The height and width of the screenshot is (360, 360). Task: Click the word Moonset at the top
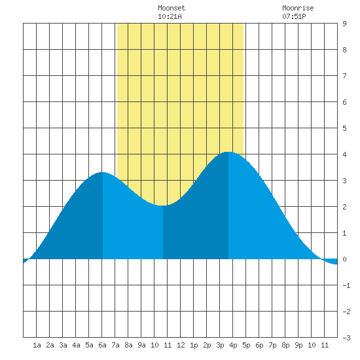pos(171,8)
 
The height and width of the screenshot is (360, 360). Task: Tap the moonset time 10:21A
pos(170,16)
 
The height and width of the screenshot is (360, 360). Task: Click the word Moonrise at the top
pos(298,8)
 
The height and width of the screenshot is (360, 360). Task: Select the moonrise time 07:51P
pos(294,16)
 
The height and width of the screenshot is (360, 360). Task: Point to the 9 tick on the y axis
pos(344,24)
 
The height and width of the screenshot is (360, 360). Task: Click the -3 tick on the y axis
pos(346,338)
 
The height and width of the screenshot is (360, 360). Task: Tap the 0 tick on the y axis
pos(344,259)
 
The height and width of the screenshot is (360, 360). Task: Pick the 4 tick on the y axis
pos(344,154)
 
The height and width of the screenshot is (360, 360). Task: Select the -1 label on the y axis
pos(346,285)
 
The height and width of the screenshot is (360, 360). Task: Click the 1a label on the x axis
pos(37,345)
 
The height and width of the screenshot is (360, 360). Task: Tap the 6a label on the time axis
pos(102,345)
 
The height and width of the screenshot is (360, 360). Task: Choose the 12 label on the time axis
pos(181,345)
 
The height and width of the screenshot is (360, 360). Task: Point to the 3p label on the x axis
pos(220,345)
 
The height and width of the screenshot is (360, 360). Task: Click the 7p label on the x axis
pos(272,345)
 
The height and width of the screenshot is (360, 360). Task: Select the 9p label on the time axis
pos(298,345)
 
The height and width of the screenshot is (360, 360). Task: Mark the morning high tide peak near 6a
pos(102,172)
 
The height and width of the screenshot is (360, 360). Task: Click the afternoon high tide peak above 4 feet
pos(228,152)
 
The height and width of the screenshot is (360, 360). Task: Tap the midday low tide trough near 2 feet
pos(162,206)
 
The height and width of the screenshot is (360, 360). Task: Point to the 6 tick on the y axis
pos(344,102)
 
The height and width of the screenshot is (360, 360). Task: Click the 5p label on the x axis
pos(246,345)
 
